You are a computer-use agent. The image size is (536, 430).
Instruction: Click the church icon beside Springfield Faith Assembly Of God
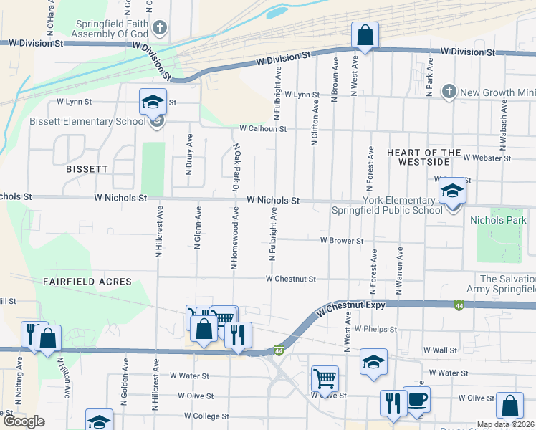coord(161,28)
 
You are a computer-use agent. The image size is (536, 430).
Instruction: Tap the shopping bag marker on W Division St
coord(365,35)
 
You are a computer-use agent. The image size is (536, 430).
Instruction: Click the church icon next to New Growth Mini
coord(449,92)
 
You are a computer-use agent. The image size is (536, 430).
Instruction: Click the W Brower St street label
coord(342,241)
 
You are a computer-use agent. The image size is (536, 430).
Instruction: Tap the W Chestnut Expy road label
coord(350,307)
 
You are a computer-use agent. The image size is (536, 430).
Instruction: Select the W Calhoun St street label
coord(263,129)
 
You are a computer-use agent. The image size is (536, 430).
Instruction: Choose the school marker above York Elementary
coord(452,191)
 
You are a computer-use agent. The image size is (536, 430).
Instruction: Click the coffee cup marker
coord(416,401)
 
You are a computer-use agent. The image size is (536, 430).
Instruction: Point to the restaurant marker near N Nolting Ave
coord(32,333)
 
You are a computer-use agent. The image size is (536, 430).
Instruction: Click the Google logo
coord(24,421)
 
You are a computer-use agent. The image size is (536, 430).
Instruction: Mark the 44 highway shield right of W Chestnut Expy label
coord(457,306)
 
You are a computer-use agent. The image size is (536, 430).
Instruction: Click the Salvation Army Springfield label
coord(507,284)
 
